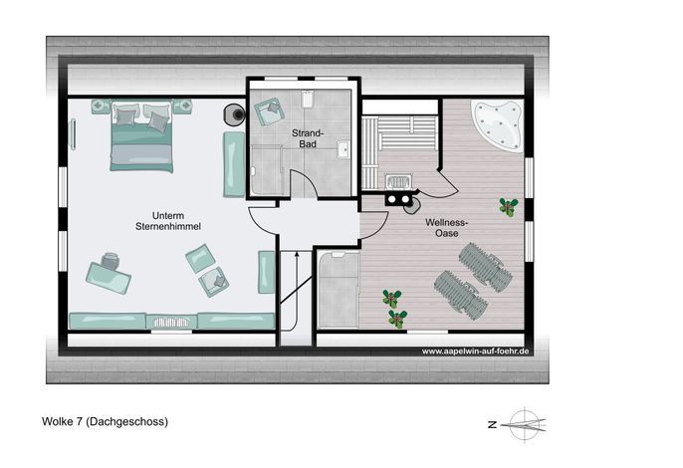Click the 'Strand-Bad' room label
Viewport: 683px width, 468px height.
click(308, 138)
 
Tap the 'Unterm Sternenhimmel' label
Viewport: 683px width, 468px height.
click(168, 221)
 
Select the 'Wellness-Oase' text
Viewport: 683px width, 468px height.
click(446, 227)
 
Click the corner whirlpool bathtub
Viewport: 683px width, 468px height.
click(498, 125)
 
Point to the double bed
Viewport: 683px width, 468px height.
click(141, 136)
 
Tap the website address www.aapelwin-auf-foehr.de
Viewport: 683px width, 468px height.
click(475, 351)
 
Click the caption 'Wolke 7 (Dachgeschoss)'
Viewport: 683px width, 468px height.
click(105, 421)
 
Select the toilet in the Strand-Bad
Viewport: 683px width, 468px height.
click(308, 99)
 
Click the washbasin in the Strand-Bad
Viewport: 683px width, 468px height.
click(343, 149)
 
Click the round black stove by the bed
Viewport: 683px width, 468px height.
click(234, 115)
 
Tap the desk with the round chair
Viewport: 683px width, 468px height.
click(109, 275)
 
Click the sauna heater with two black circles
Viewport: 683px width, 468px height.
click(398, 199)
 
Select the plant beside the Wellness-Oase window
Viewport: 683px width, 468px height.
click(509, 206)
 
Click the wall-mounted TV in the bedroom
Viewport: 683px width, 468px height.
click(73, 134)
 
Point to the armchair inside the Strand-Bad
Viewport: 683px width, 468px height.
click(269, 112)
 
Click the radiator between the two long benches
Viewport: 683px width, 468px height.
click(171, 323)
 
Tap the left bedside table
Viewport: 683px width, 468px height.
click(101, 106)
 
